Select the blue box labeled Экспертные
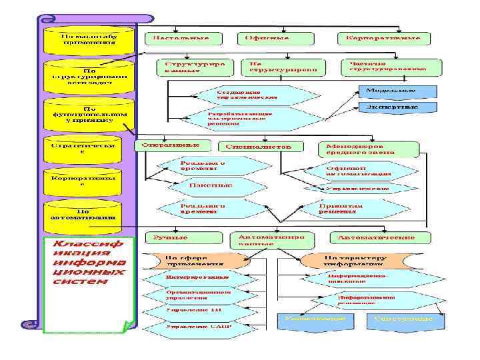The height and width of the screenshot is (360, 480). pyautogui.click(x=398, y=107)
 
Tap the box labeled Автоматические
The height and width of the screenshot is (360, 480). pyautogui.click(x=375, y=238)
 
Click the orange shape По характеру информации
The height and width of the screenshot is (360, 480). pyautogui.click(x=354, y=259)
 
